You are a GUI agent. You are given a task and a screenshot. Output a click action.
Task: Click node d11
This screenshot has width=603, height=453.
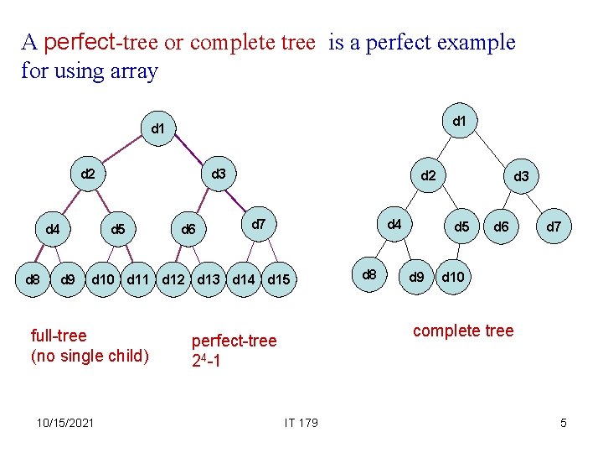click(137, 279)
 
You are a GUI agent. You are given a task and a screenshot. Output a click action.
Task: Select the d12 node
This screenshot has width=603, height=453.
click(173, 279)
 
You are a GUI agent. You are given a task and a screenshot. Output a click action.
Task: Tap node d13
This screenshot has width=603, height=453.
click(209, 279)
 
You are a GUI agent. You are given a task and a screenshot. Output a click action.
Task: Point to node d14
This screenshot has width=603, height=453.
click(244, 279)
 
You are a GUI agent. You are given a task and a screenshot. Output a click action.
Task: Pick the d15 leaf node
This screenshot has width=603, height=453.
click(280, 279)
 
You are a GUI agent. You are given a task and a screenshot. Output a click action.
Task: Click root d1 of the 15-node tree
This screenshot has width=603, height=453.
click(157, 129)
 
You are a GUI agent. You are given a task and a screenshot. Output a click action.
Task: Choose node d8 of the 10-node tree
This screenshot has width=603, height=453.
click(368, 274)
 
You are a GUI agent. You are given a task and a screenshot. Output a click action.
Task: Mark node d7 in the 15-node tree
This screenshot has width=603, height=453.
click(260, 224)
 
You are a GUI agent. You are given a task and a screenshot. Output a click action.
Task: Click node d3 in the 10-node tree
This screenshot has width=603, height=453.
click(521, 177)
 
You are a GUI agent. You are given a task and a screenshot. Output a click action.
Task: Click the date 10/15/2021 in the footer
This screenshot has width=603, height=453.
click(66, 422)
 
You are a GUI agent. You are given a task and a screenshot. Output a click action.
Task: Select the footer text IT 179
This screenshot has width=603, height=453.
click(301, 422)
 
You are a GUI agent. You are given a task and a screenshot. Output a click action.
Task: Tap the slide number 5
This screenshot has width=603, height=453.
click(564, 423)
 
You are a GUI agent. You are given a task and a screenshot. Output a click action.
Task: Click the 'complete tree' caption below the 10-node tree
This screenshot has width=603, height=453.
click(463, 331)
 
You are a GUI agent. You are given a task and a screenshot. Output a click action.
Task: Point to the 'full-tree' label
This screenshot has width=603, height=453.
click(58, 336)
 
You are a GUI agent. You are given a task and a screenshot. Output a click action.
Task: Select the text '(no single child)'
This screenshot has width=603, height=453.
click(89, 356)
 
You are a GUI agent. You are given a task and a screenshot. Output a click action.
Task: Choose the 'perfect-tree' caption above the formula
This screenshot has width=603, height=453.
click(234, 341)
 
